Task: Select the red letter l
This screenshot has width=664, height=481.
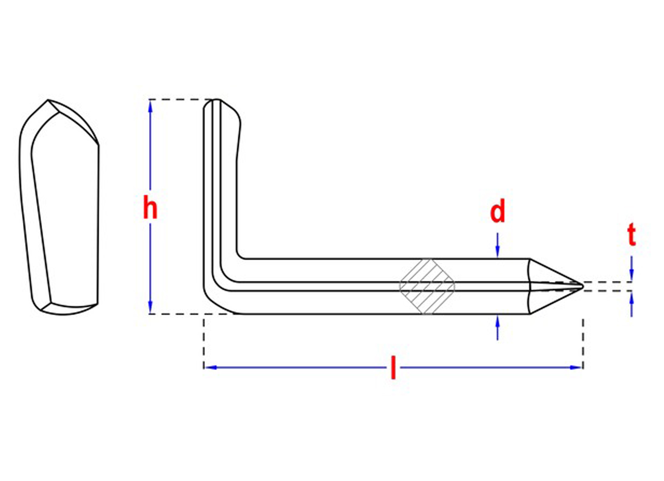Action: [393, 368]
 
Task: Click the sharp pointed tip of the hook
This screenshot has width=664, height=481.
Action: [583, 286]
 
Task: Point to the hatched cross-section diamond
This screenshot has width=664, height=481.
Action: [427, 286]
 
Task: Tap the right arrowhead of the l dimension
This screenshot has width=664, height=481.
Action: [577, 367]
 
